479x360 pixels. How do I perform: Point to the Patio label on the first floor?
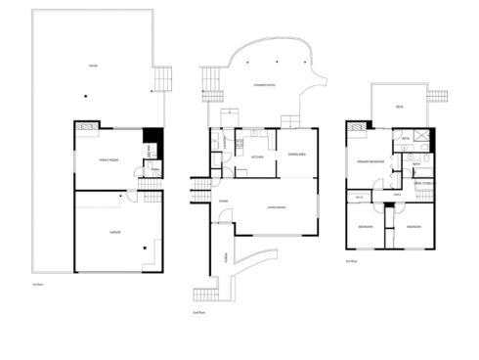(93, 66)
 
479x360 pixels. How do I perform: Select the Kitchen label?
(259, 157)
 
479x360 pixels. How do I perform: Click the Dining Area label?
(297, 155)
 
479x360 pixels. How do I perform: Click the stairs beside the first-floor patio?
(164, 79)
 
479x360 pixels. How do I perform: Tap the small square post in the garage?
(144, 247)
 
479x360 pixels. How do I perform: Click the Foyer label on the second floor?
(224, 202)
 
